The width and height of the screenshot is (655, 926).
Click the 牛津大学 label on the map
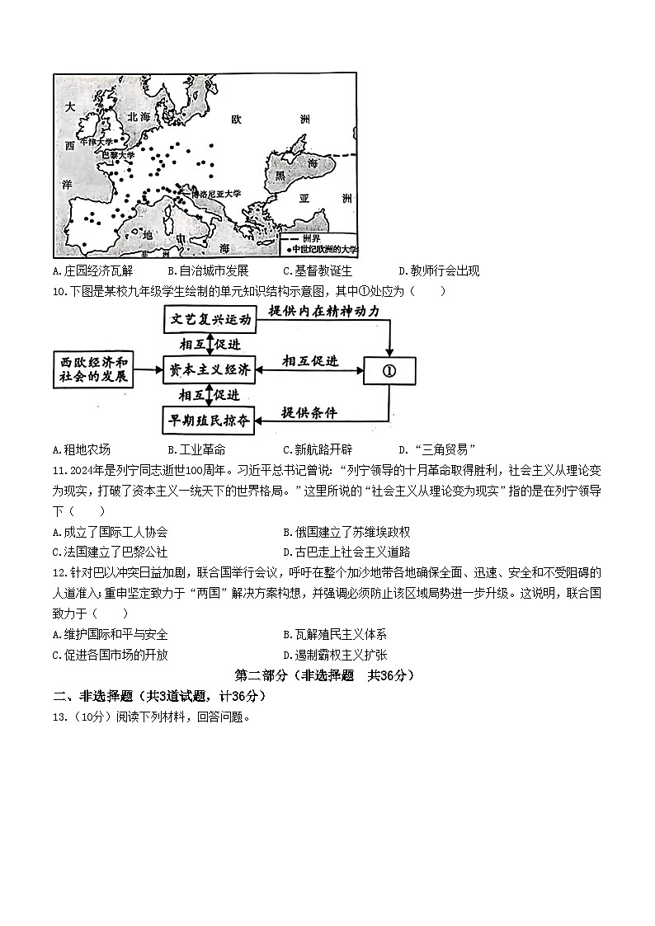(x=100, y=141)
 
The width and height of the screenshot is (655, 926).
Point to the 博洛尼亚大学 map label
(x=214, y=193)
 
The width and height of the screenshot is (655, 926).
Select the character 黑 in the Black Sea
(x=280, y=176)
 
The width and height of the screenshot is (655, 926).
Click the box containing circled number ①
(x=389, y=370)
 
